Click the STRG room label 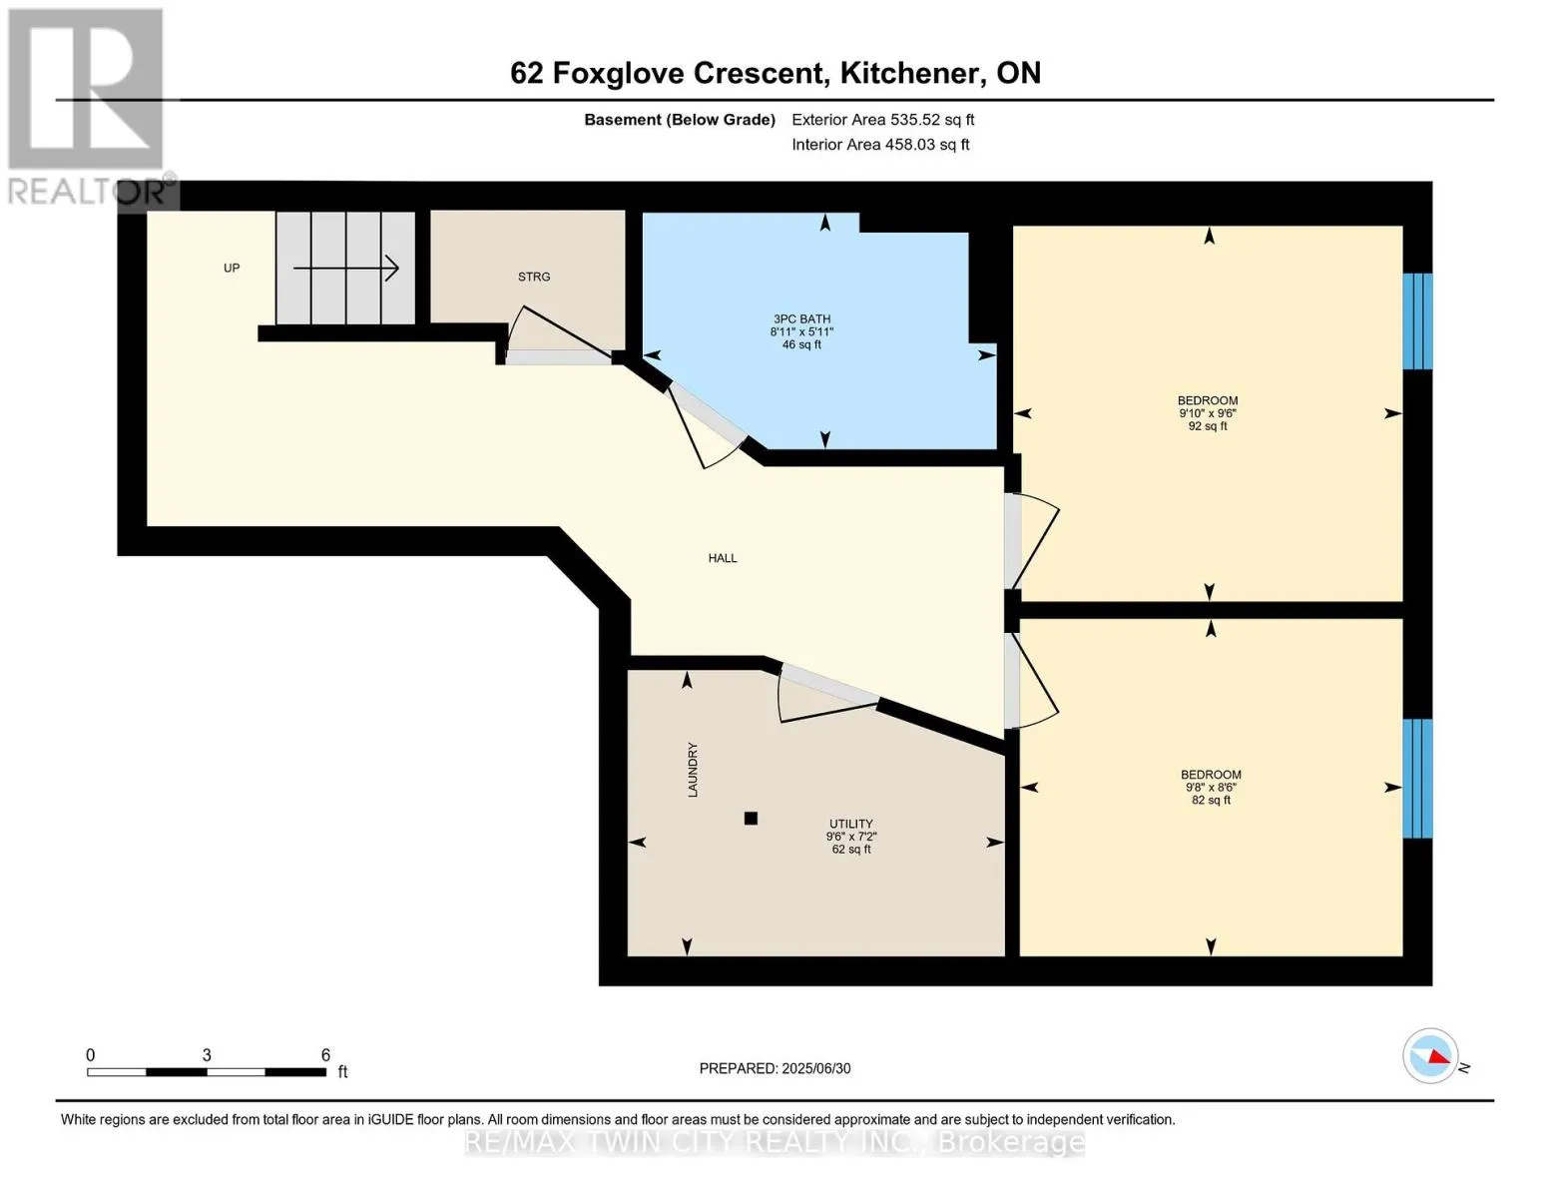pyautogui.click(x=534, y=277)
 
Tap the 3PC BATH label pyautogui.click(x=801, y=318)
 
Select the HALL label pyautogui.click(x=723, y=558)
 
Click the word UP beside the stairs pyautogui.click(x=232, y=269)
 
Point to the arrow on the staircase pyautogui.click(x=346, y=269)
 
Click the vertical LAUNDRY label pyautogui.click(x=693, y=769)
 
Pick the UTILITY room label pyautogui.click(x=851, y=824)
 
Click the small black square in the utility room pyautogui.click(x=751, y=819)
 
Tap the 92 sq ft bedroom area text pyautogui.click(x=1208, y=426)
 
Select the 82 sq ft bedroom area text pyautogui.click(x=1211, y=800)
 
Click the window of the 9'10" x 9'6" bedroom pyautogui.click(x=1417, y=321)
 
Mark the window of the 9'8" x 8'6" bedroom pyautogui.click(x=1417, y=779)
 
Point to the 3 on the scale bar pyautogui.click(x=207, y=1055)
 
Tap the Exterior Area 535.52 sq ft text pyautogui.click(x=883, y=120)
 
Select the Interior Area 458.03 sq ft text pyautogui.click(x=881, y=144)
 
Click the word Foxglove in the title pyautogui.click(x=619, y=74)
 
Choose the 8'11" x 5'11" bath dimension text pyautogui.click(x=801, y=331)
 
